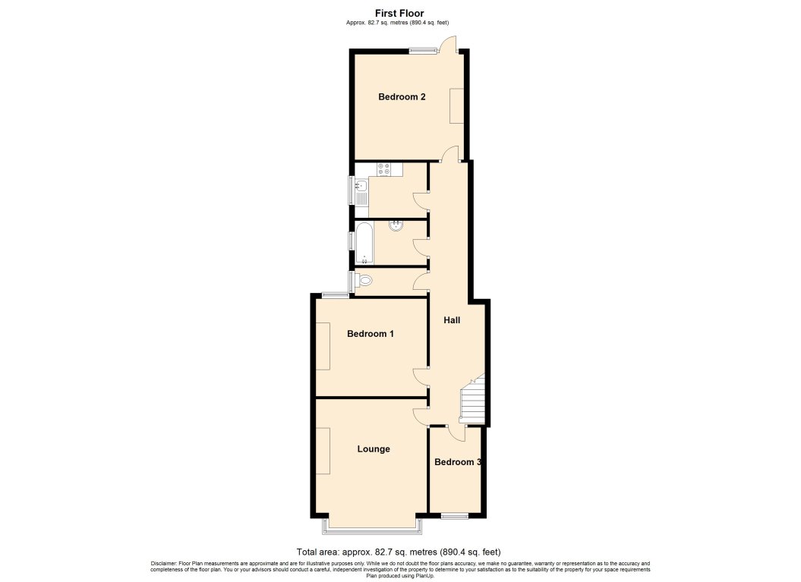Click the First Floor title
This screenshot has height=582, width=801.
399,13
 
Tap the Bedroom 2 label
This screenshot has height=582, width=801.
402,97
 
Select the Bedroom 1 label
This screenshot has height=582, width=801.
370,334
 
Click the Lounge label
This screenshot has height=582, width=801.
374,449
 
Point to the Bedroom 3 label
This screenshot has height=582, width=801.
457,462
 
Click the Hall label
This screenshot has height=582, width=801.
452,320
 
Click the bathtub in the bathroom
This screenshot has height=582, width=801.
364,242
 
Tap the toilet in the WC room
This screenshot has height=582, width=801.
364,281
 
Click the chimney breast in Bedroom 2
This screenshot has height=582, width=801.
456,105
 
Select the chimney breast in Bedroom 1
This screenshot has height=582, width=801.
323,346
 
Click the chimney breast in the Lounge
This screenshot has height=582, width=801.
323,451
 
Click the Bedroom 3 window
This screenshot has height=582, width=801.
455,516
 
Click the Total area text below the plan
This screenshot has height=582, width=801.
398,552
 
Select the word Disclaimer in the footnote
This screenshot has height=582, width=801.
163,563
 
